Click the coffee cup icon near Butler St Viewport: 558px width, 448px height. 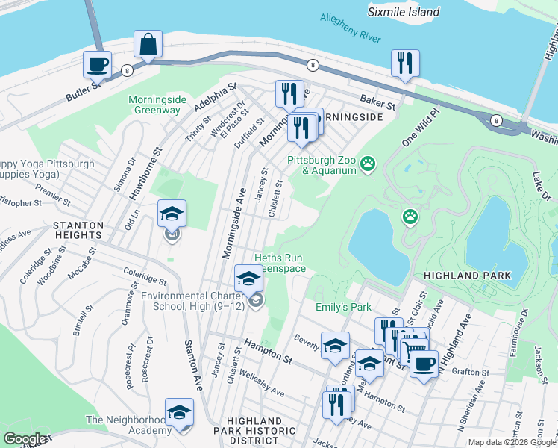pos(97,64)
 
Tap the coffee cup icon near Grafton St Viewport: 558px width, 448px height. pos(424,364)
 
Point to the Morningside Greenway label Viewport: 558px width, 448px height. pos(154,105)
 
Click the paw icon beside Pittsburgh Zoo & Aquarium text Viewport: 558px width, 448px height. pos(367,164)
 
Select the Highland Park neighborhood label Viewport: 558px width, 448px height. pos(467,276)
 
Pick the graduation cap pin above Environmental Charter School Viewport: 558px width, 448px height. pos(248,279)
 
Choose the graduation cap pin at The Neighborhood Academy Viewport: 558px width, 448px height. pos(179,412)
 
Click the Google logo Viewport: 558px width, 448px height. pos(25,439)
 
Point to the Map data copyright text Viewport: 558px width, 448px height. pos(511,442)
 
